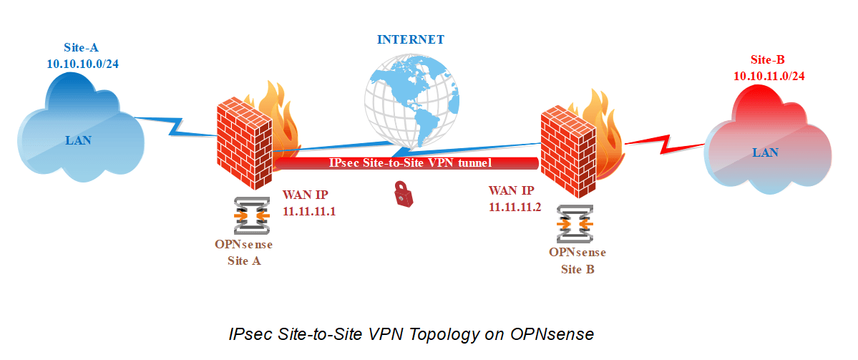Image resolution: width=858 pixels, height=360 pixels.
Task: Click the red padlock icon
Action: (404, 195)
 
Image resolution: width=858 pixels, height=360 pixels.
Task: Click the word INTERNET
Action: (411, 39)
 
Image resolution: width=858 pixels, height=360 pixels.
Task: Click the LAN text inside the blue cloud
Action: (78, 140)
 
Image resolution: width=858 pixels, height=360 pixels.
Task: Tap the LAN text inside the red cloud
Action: (765, 152)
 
